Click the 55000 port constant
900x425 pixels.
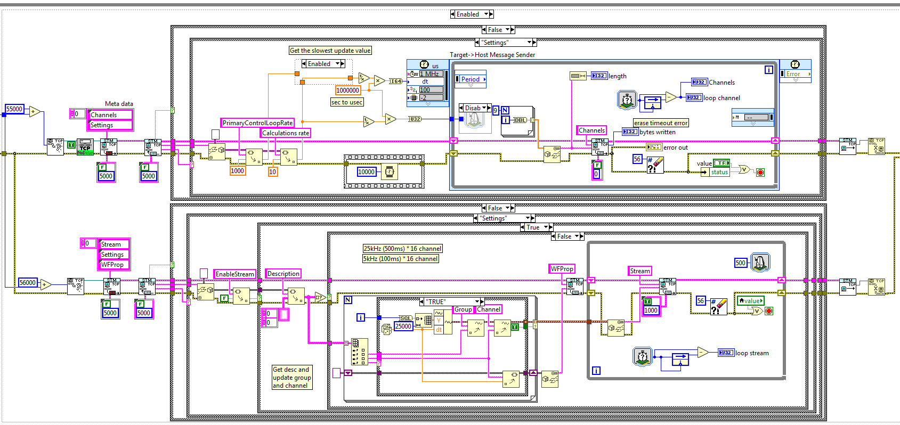[x=14, y=109]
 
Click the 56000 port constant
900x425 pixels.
[x=28, y=283]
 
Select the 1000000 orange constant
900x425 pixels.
[x=347, y=91]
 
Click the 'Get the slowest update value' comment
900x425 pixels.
[x=330, y=51]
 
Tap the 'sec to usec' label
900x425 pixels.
[x=346, y=102]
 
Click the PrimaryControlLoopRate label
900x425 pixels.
[x=257, y=123]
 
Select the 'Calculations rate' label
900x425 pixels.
[x=285, y=133]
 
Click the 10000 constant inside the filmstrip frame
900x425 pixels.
[x=366, y=171]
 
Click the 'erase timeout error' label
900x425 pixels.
[x=661, y=123]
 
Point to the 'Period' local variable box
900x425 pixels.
[x=470, y=79]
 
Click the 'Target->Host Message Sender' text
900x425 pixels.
[x=492, y=55]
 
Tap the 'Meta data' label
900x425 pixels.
[x=119, y=104]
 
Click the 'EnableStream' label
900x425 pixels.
[x=234, y=274]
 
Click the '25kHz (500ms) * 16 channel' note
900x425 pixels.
[x=402, y=249]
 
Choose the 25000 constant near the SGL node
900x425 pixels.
[x=403, y=326]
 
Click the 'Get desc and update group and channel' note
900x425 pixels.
[x=291, y=377]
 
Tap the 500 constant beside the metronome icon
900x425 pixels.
[x=740, y=263]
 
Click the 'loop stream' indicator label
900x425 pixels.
[x=752, y=353]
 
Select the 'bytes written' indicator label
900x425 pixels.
[x=657, y=132]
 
